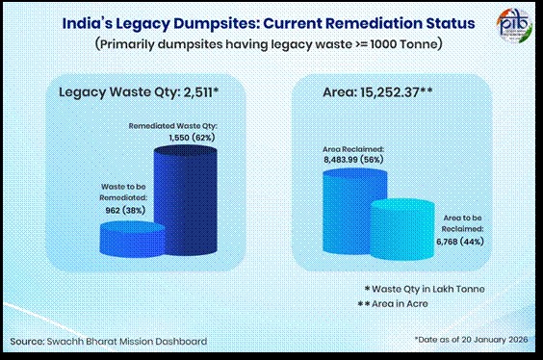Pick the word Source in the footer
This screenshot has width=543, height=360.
(30, 341)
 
